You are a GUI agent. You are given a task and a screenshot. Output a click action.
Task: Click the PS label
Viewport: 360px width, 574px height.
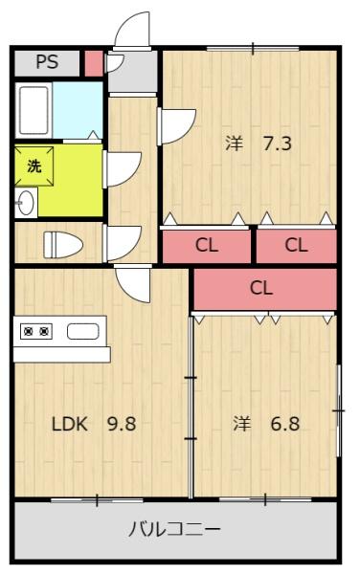pos(47,62)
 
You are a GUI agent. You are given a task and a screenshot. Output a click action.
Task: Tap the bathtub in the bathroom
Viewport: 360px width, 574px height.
pos(34,110)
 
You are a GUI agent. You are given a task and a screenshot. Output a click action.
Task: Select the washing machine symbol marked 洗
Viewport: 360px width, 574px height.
pos(34,166)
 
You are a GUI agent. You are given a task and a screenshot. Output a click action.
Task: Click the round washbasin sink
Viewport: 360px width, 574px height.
pos(26,203)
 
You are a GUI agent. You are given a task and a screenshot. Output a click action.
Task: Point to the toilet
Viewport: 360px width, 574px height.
pos(63,243)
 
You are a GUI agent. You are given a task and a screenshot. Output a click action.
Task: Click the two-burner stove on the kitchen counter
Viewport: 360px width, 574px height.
pos(36,332)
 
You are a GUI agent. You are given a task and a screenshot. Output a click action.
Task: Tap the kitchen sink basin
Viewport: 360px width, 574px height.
pos(82,332)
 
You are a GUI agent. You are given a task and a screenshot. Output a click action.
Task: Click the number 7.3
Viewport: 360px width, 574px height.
pos(278,143)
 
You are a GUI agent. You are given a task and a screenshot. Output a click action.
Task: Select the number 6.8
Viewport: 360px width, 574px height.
pos(285,424)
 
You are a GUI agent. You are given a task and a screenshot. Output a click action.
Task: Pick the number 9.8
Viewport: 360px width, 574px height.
pos(122,424)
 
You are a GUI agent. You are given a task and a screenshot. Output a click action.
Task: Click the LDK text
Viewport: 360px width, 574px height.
pos(70,424)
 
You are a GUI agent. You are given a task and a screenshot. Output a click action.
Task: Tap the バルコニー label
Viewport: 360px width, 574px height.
pos(174,529)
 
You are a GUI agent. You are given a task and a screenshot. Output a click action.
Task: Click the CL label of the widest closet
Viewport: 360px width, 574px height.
pos(261,288)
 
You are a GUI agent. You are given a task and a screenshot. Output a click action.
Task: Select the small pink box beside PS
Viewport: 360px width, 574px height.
pos(94,63)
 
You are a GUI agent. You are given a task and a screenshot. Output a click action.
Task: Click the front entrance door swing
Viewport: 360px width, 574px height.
pos(132,30)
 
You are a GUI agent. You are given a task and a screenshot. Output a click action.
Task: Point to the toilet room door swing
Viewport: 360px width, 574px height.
pos(123,243)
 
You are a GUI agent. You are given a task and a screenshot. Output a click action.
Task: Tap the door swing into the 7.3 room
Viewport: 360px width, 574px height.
pos(177,126)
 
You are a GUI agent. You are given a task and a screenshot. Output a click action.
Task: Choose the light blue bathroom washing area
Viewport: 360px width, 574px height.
pos(78,110)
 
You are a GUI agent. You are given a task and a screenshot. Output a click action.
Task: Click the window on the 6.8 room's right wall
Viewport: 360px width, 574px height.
pos(339,410)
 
